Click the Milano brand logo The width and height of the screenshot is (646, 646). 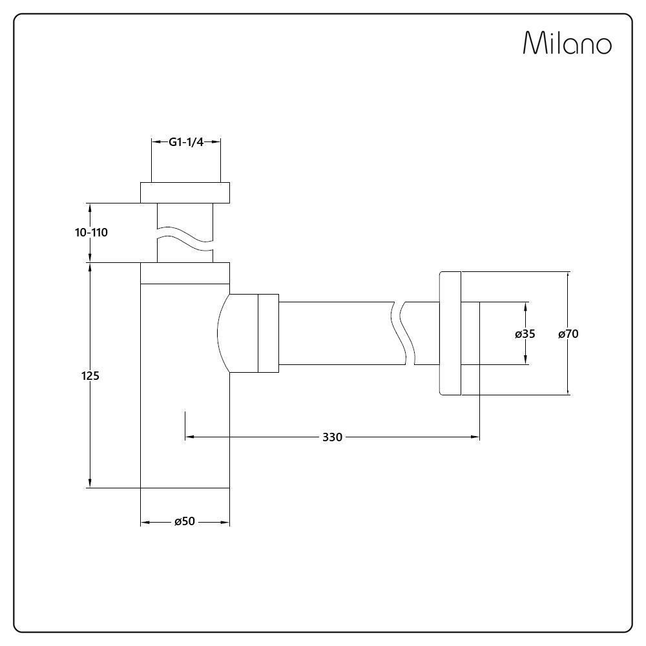tap(567, 44)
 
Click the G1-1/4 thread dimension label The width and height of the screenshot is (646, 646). tap(186, 142)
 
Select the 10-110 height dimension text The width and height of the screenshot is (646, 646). tap(91, 233)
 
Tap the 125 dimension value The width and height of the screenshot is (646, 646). tap(90, 375)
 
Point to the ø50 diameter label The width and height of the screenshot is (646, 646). tap(185, 521)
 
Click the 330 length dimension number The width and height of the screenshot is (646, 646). tap(332, 437)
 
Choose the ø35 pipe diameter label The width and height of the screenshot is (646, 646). tap(525, 334)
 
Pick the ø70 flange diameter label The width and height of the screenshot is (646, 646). tap(568, 334)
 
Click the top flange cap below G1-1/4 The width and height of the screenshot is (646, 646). tap(185, 193)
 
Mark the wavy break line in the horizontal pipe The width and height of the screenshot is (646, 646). tap(403, 333)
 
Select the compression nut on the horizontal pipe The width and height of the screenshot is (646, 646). tap(268, 333)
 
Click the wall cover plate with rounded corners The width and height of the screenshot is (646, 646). tap(450, 333)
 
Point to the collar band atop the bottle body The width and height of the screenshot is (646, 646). tap(185, 273)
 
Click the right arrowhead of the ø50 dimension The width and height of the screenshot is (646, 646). tap(225, 521)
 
